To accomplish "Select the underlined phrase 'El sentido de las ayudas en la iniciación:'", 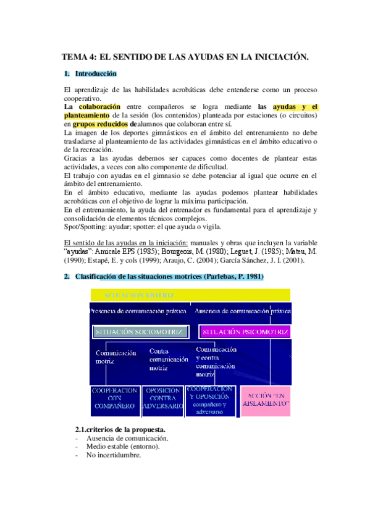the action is pyautogui.click(x=127, y=243).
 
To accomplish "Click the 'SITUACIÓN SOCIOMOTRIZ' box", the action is pyautogui.click(x=141, y=332).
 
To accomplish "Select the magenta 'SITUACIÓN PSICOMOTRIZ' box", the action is pyautogui.click(x=245, y=332).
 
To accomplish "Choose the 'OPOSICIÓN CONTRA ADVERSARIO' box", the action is pyautogui.click(x=162, y=399).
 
